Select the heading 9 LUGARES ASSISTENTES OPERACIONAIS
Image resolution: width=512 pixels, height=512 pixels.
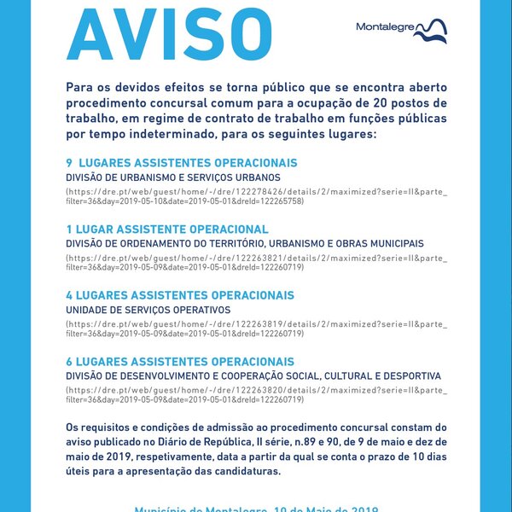[x=182, y=163]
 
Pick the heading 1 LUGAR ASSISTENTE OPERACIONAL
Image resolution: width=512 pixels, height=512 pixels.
[x=167, y=230]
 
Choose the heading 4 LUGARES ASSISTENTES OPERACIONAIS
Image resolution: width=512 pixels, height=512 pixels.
[x=180, y=295]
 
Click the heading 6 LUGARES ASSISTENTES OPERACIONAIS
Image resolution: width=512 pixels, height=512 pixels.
[x=180, y=362]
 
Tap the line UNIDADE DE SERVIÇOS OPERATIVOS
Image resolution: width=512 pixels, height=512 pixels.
[x=148, y=309]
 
